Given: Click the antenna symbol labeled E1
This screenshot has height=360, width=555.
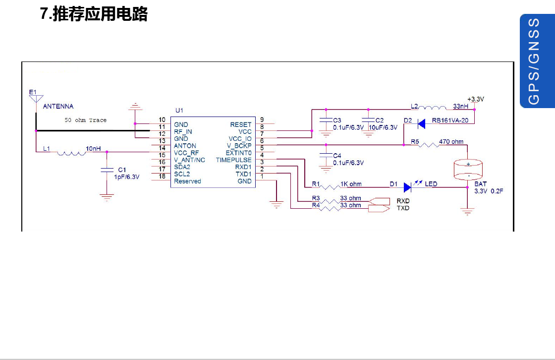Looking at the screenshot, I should [35, 98].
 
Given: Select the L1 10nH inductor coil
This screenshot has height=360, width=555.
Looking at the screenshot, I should [71, 153].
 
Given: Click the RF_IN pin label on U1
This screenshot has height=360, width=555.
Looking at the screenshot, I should [183, 132].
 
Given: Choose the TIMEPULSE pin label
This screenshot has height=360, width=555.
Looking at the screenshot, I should [233, 160].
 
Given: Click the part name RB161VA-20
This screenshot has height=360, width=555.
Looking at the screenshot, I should [453, 120].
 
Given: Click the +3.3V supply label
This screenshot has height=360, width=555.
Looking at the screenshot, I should [475, 99].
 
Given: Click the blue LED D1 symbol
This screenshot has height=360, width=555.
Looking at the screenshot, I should [408, 187].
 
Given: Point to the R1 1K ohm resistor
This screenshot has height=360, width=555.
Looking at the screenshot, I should [329, 187].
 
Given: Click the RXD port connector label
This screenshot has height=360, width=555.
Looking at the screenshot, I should [403, 201].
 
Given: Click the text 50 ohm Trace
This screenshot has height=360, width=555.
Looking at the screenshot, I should [85, 120].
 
